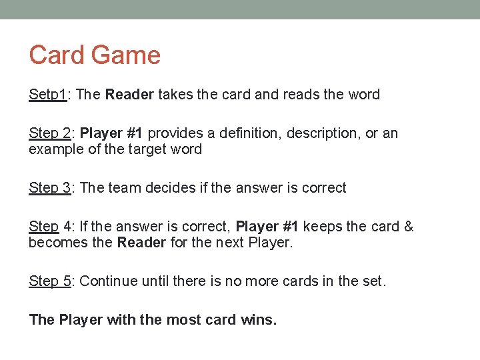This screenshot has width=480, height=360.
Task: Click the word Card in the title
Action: tap(55, 55)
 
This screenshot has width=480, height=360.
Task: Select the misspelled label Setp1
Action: tap(47, 95)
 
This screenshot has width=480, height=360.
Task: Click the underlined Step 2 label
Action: tap(50, 133)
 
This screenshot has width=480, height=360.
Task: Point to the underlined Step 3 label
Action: tap(50, 188)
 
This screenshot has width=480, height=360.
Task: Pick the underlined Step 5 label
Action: tap(50, 281)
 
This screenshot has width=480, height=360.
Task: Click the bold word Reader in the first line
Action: tap(129, 95)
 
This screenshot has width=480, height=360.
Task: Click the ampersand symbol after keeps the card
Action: tap(409, 227)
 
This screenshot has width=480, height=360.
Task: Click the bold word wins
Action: tap(258, 320)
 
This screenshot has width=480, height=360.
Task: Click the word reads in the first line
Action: tap(301, 95)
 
